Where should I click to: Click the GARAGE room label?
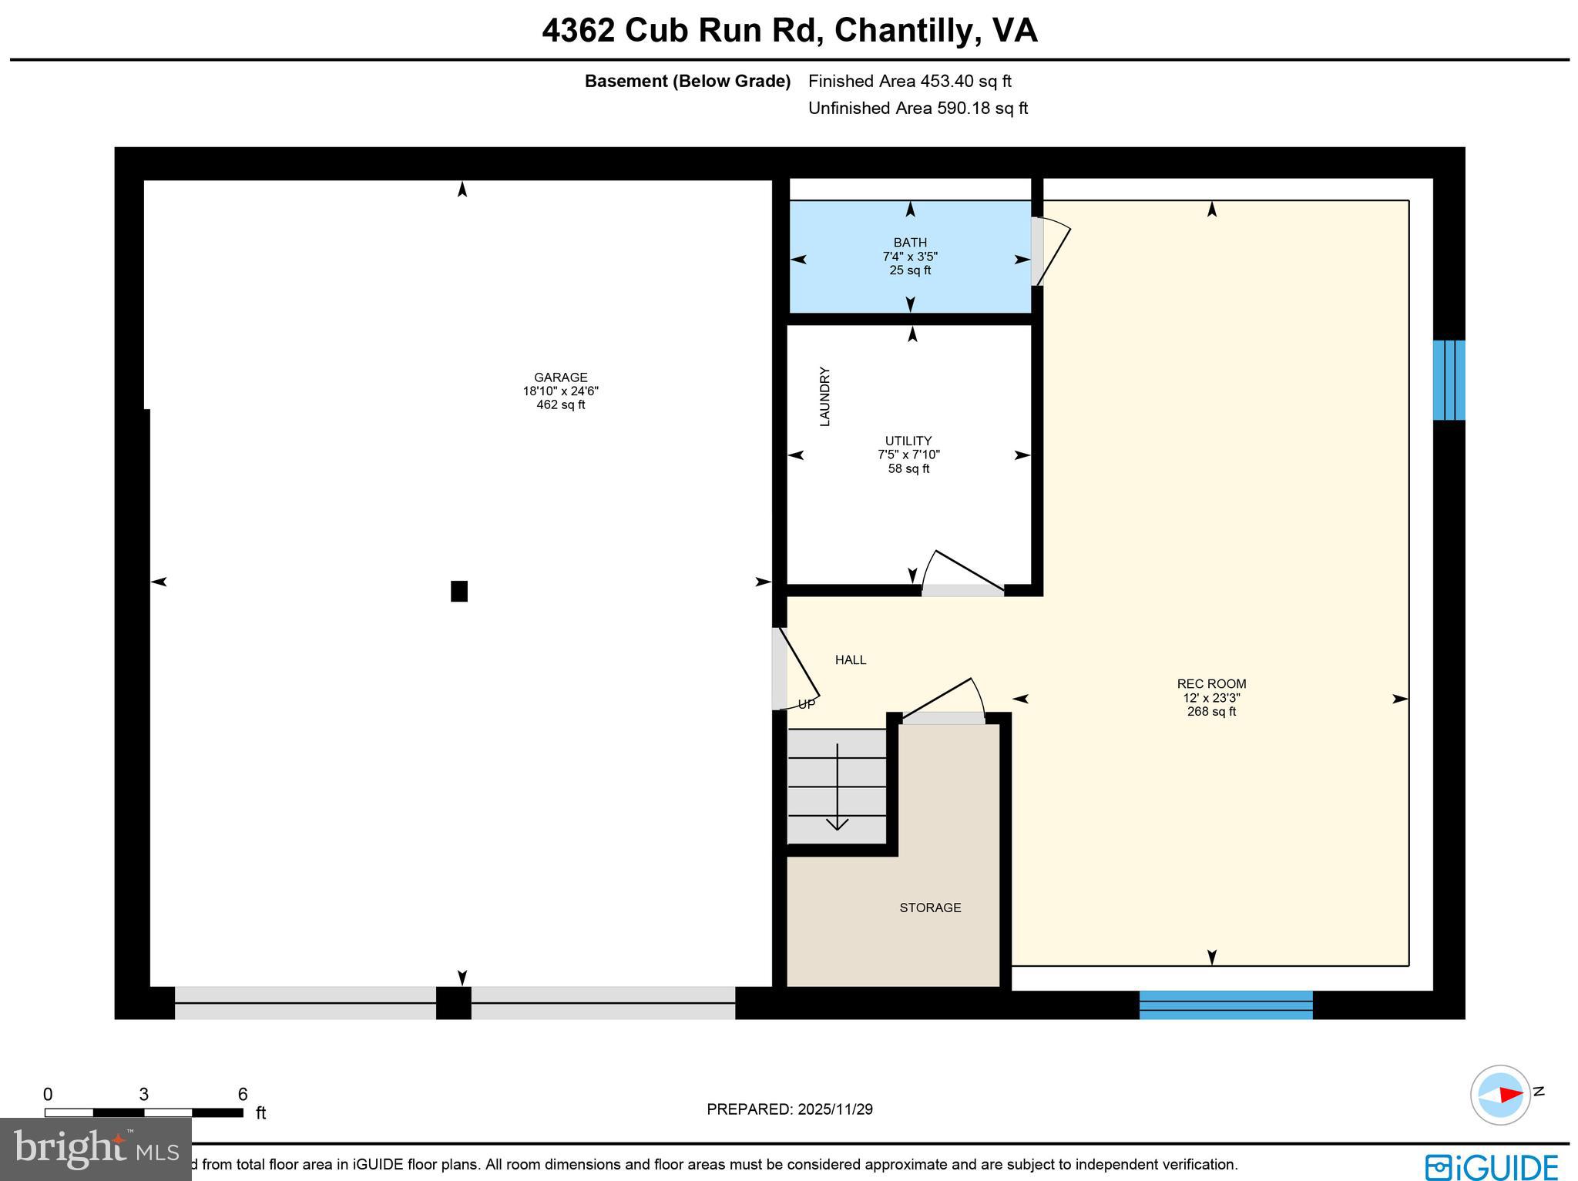coord(560,377)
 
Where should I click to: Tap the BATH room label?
coord(910,243)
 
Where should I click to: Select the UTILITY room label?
coord(908,441)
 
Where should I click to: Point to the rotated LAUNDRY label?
coord(824,396)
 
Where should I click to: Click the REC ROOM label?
coord(1211,684)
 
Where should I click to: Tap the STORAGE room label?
coord(930,908)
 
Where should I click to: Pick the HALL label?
coord(851,660)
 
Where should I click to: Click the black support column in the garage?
coord(459,591)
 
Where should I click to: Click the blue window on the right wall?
coord(1449,380)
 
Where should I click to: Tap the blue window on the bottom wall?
coord(1225,1005)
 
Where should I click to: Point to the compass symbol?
coord(1500,1094)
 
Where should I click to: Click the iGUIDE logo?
coord(1491,1166)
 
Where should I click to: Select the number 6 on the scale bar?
coord(243,1095)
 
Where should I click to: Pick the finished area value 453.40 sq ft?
coord(965,81)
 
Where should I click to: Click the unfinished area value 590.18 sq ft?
coord(982,108)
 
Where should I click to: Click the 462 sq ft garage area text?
coord(560,405)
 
